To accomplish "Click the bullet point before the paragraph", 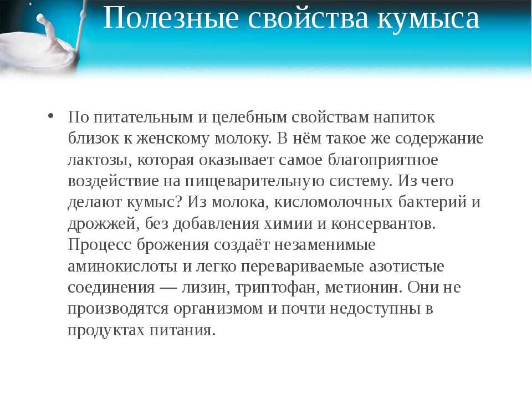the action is point(51,115).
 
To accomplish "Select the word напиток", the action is point(404,117).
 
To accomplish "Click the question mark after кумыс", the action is point(180,202).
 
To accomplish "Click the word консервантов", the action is point(383,223).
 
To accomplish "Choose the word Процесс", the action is point(99,245).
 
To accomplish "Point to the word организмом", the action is point(218,309).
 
